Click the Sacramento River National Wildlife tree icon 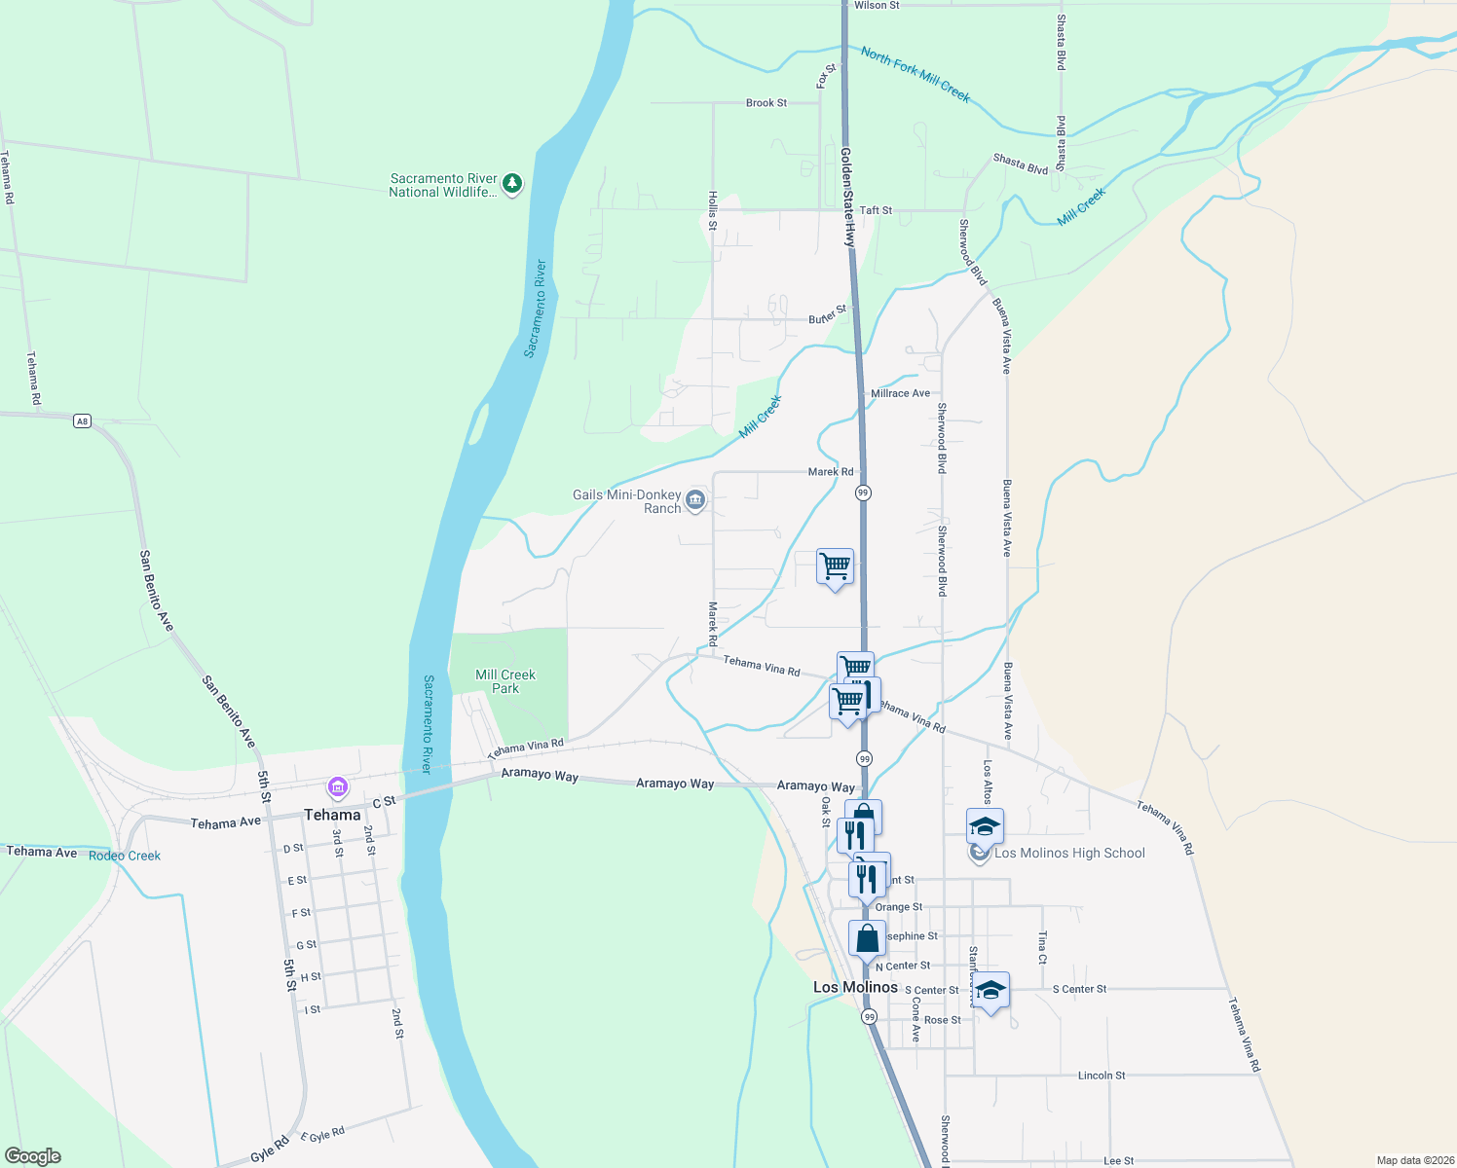click(x=512, y=183)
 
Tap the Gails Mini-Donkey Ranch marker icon click(x=694, y=500)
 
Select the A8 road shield click(x=82, y=420)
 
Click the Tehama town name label click(x=332, y=815)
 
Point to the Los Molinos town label click(x=855, y=987)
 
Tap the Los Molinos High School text click(x=1069, y=853)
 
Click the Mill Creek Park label click(x=505, y=681)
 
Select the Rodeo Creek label click(x=125, y=856)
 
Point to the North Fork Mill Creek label click(x=915, y=75)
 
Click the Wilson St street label click(x=877, y=6)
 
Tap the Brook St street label click(x=766, y=102)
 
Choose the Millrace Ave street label click(x=900, y=393)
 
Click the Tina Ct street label click(x=1042, y=947)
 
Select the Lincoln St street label click(x=1102, y=1076)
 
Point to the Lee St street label click(x=1119, y=1161)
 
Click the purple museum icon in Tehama click(x=338, y=785)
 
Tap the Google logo click(x=33, y=1156)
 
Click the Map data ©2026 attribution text click(x=1412, y=1160)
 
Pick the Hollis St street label click(x=713, y=211)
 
